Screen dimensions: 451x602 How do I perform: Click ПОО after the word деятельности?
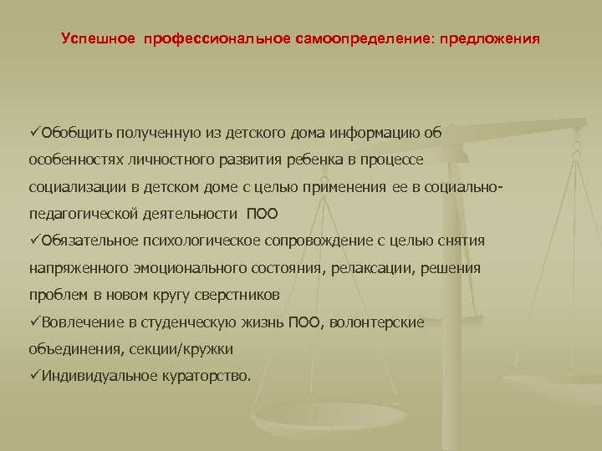point(263,213)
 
